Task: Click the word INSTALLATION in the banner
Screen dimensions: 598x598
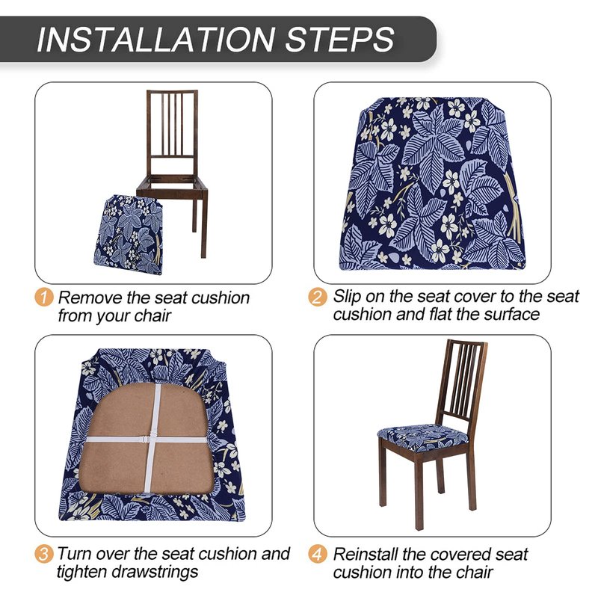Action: click(x=155, y=40)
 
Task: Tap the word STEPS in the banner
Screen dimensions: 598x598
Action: click(x=339, y=40)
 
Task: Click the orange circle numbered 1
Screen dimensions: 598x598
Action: click(x=44, y=297)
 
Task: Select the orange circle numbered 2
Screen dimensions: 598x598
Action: click(x=318, y=297)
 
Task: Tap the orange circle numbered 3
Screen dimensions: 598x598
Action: click(x=44, y=553)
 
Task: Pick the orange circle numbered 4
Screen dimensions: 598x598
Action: click(x=318, y=553)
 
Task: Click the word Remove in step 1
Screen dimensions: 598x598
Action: click(x=90, y=298)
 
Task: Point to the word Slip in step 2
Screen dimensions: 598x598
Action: click(x=347, y=297)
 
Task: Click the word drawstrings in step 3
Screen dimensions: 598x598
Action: click(x=147, y=572)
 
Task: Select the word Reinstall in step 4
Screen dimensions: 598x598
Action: click(x=365, y=554)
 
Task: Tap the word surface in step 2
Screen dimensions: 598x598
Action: click(x=512, y=315)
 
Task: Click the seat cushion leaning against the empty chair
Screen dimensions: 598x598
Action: click(x=128, y=235)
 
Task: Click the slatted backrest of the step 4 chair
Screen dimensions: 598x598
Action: click(x=463, y=381)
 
